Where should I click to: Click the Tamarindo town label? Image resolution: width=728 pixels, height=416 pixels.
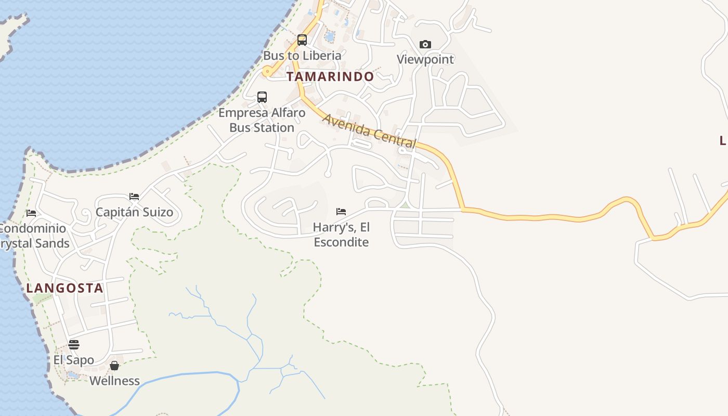[330, 76]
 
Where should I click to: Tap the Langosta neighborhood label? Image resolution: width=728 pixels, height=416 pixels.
[65, 288]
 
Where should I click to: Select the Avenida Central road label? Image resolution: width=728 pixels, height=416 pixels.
[369, 130]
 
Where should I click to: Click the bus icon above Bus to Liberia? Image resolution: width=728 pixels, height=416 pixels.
[302, 40]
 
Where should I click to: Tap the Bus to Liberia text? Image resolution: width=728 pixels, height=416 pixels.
[302, 56]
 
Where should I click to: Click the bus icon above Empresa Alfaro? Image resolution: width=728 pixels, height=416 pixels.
[262, 97]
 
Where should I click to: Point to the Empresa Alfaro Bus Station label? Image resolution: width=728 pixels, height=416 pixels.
[262, 120]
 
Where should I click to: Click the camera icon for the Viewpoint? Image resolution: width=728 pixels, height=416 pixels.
[425, 45]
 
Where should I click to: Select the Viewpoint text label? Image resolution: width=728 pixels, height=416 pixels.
[425, 59]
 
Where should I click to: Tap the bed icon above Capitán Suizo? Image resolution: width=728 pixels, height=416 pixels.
[134, 197]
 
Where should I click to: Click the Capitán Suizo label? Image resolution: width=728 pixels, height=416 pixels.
[134, 213]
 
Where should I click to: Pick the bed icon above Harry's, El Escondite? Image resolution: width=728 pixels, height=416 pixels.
[341, 212]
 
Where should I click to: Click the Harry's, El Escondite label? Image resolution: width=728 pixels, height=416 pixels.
[341, 235]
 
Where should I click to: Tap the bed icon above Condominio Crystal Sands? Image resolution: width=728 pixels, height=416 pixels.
[31, 213]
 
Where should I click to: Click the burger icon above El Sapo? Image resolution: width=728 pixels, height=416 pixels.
[74, 345]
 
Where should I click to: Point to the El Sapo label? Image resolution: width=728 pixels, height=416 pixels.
[74, 360]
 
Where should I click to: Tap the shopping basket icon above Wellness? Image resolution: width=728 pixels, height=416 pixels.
[114, 366]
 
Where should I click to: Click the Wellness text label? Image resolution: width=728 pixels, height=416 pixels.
[114, 381]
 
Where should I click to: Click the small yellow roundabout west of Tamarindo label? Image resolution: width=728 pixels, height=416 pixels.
[267, 72]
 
